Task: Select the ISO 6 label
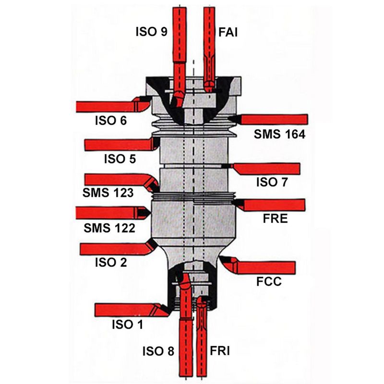[110, 121]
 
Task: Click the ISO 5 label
[120, 158]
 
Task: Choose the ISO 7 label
[272, 182]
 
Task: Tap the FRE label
[275, 219]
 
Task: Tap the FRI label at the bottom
[220, 351]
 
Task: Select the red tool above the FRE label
[274, 205]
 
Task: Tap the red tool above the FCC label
[262, 267]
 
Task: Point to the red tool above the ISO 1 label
[130, 310]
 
